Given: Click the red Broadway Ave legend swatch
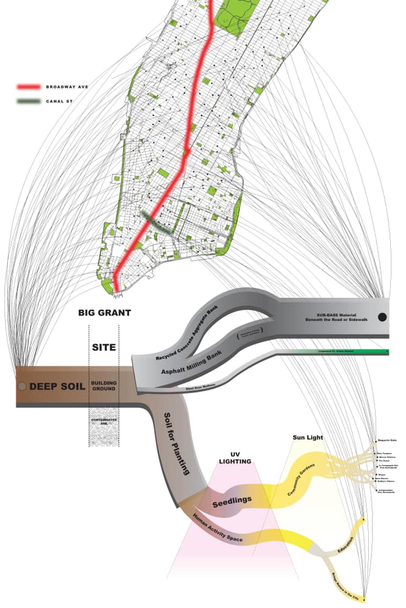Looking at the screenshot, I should click(x=29, y=87).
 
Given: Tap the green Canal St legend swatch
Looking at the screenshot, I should click(x=29, y=102).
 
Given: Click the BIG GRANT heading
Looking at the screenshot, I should click(x=105, y=314).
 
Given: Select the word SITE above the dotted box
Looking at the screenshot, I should click(x=103, y=349).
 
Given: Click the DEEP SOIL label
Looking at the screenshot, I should click(x=57, y=386).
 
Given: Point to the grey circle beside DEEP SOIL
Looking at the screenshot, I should click(x=22, y=386).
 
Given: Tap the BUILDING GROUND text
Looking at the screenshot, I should click(x=103, y=386).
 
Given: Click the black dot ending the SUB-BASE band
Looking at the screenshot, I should click(x=382, y=317).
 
